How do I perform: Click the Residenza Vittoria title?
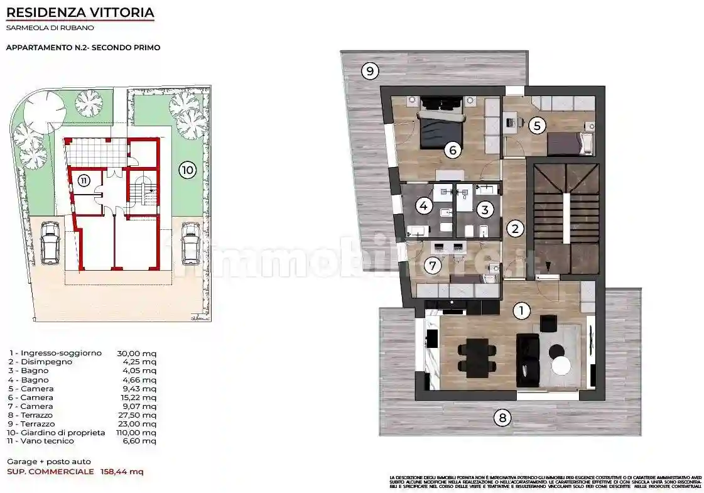(80, 12)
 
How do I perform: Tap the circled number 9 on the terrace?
(371, 71)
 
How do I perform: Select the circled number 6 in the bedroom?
(452, 149)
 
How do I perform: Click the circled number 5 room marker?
(536, 125)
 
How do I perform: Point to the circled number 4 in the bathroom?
(424, 205)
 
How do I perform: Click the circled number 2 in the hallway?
(515, 229)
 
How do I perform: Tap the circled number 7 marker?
(431, 266)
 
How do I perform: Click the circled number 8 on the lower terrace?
(501, 417)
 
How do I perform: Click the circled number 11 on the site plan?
(85, 180)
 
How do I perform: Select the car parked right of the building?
(190, 242)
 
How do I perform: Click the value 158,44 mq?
(122, 471)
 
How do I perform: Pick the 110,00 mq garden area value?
(137, 432)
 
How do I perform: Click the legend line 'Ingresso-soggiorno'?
(55, 353)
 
